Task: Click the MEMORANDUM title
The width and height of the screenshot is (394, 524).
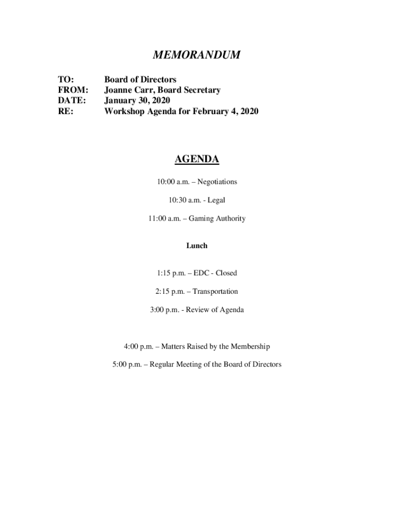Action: [197, 55]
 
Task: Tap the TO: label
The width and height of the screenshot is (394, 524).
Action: [65, 79]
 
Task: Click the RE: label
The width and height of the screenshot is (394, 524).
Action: [64, 111]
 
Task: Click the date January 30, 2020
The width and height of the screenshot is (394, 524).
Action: [137, 100]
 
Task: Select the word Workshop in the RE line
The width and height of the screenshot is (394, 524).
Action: [124, 111]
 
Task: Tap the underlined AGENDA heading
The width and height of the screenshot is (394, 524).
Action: [196, 159]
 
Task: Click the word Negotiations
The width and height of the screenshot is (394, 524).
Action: [217, 182]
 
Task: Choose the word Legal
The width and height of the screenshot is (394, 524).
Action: [216, 200]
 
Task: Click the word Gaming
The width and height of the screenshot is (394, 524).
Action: [201, 219]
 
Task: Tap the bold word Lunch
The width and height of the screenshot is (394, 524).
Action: [196, 246]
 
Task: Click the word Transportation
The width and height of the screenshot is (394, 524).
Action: [215, 292]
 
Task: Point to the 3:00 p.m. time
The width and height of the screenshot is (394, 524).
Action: [164, 310]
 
